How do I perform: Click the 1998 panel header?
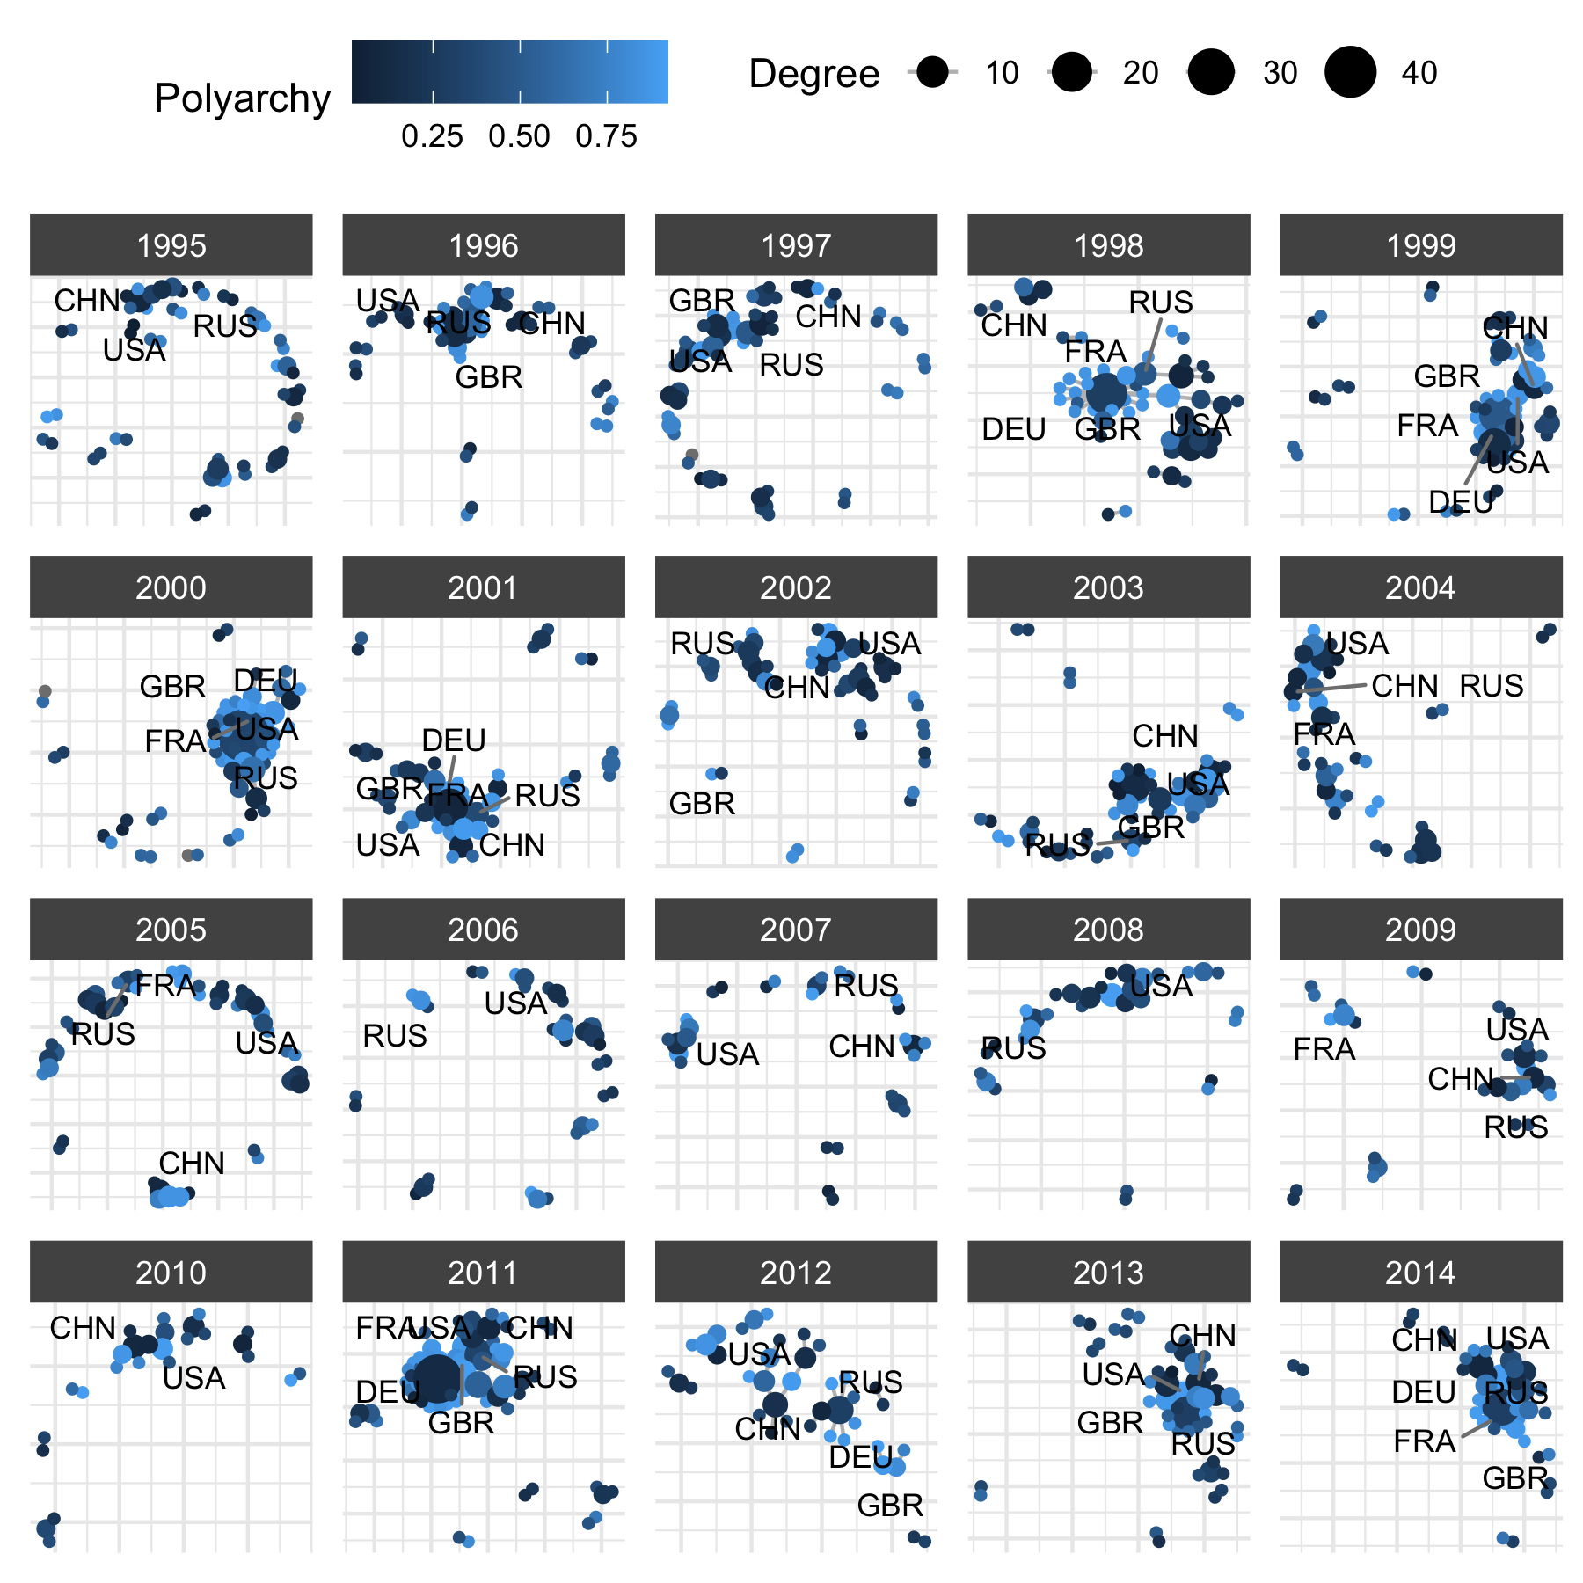[1108, 245]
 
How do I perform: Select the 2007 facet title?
[795, 930]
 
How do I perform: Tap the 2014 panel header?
[1420, 1273]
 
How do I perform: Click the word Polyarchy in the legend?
[242, 98]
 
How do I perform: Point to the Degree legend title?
[813, 74]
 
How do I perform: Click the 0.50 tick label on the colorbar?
[519, 136]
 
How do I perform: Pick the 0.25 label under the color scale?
[432, 136]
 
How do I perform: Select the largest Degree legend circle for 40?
[1350, 72]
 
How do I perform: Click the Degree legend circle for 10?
[932, 72]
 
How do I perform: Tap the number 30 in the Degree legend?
[1280, 73]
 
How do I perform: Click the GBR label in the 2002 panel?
[702, 804]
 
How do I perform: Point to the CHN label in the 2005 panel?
[192, 1164]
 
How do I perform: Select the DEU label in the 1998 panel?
[1014, 430]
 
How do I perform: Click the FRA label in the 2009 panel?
[1324, 1049]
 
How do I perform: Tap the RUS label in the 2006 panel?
[395, 1036]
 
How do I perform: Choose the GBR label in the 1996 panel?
[489, 378]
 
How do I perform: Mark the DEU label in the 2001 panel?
[453, 740]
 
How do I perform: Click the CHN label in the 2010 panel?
[83, 1328]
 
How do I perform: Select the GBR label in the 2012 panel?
[890, 1506]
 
